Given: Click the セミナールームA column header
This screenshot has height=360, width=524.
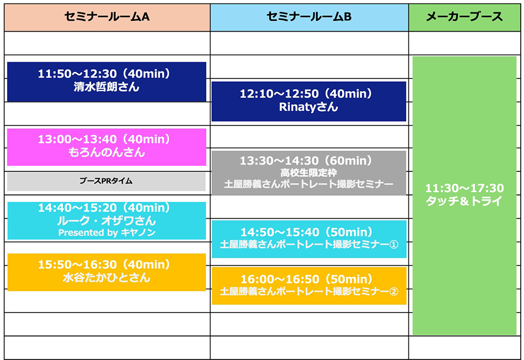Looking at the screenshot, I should point(106,17).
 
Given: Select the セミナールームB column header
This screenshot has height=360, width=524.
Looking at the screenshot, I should point(309,17).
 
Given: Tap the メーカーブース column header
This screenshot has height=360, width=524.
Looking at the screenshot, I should point(464,17).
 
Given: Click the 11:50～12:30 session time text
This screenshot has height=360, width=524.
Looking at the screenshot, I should point(106,74).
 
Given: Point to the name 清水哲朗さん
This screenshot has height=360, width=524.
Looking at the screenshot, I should point(106,87).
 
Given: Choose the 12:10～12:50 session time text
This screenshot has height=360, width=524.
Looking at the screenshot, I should point(308,94).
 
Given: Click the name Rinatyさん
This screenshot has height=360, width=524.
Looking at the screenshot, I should point(308,107).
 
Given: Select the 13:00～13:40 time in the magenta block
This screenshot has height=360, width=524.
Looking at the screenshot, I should point(106,140).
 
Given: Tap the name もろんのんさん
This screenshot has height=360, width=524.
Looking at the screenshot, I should point(106,153).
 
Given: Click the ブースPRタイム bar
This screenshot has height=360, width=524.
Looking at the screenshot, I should point(106,181).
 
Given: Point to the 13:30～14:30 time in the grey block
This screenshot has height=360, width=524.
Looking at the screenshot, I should point(308,161).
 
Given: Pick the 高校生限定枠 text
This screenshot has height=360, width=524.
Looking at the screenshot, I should point(308,173).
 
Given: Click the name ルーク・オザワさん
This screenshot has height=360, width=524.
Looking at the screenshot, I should point(106,221).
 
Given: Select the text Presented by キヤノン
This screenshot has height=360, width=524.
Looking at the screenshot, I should point(106,233).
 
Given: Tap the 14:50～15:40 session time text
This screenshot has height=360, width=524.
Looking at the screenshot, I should point(308,232).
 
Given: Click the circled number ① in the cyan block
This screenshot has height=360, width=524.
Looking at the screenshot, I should point(394,244).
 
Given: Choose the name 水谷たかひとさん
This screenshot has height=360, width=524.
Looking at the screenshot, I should point(106,278).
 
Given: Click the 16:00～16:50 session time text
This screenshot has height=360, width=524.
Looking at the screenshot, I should point(308,279).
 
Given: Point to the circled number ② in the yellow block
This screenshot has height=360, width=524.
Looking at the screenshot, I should point(394,292).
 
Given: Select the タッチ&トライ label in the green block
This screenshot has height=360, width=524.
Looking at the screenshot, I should point(464,201).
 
